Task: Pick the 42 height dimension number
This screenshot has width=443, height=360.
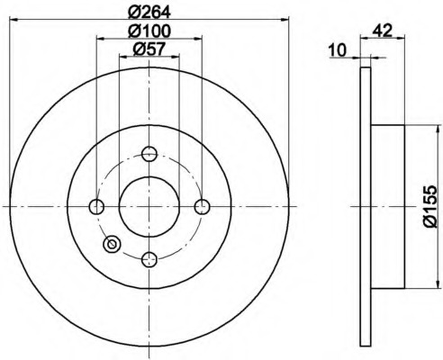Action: [382, 30]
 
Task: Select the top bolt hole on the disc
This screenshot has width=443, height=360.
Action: [149, 154]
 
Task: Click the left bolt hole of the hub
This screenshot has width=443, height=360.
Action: [97, 207]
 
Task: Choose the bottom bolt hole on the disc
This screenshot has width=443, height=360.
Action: [149, 259]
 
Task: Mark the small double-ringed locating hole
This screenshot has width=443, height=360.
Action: [113, 243]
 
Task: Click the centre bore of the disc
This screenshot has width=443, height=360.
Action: [149, 207]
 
